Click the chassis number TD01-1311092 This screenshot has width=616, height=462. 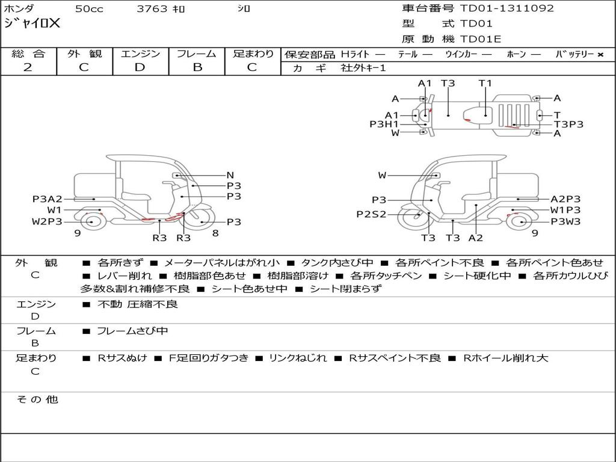pos(507,8)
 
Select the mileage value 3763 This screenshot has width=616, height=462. pos(152,8)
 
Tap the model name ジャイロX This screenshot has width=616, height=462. pos(32,23)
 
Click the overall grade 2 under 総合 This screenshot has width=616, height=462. pos(28,67)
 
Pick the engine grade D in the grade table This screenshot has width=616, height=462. pos(140,67)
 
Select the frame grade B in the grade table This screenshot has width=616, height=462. pos(197,67)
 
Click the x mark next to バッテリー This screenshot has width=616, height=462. pos(600,55)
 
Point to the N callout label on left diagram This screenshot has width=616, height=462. pos(230,175)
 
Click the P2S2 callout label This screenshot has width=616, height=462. pos(371,215)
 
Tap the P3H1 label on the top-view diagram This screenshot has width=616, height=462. pos(384,124)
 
